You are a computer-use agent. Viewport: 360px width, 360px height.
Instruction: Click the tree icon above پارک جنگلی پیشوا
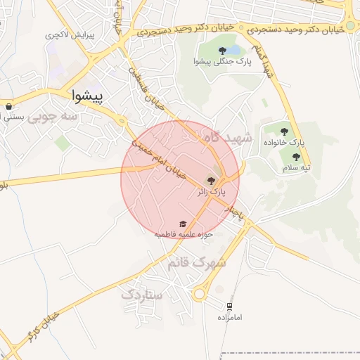[222, 50]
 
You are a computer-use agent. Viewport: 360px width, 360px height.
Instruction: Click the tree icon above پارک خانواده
[285, 131]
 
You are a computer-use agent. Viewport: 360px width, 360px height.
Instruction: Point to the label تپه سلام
[297, 167]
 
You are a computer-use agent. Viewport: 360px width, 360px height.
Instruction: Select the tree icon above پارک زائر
[212, 180]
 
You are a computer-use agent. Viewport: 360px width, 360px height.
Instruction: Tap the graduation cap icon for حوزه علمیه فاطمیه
[184, 223]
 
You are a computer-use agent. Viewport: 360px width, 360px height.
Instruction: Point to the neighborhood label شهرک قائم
[197, 262]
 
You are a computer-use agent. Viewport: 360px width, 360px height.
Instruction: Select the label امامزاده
[229, 318]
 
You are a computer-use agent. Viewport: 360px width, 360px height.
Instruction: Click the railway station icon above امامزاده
[229, 306]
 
